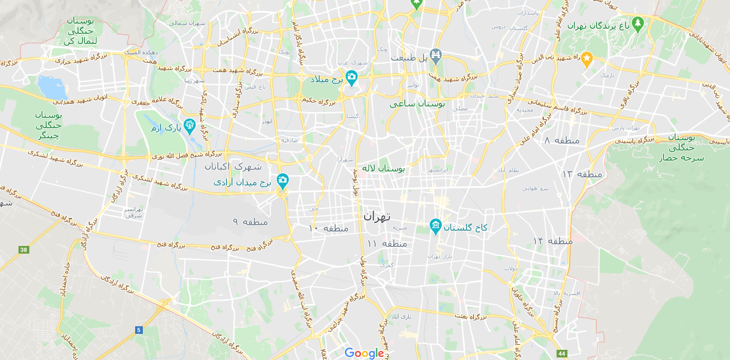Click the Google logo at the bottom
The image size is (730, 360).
point(365,353)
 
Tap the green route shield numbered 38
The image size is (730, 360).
point(24,250)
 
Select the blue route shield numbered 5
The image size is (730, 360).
point(138,329)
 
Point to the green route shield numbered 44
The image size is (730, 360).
point(561,353)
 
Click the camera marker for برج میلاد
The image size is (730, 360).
point(351,78)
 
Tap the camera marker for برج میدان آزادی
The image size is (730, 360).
point(282,181)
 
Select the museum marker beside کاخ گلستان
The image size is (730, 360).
point(435,226)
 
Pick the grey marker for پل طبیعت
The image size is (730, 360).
point(435,56)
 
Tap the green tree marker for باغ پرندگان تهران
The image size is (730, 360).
point(638,24)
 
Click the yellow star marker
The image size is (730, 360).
point(587,59)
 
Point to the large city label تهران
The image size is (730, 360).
point(377,216)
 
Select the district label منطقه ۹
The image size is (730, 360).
point(250,222)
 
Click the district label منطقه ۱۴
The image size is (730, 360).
point(553,241)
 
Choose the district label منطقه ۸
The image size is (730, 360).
point(561,140)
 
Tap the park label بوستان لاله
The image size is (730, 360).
point(383,169)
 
